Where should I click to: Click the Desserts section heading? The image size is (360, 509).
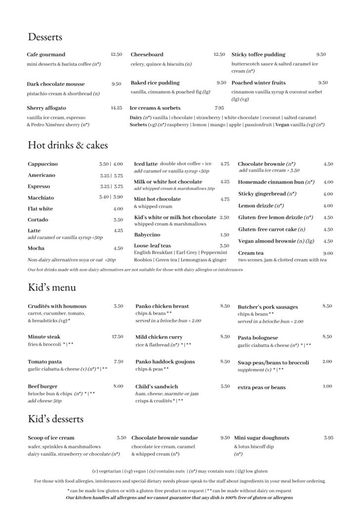45,37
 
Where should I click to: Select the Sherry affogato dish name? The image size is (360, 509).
46,108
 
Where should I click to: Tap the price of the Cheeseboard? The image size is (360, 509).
219,54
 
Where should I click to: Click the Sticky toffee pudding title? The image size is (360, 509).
258,54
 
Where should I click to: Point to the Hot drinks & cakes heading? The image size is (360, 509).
68,145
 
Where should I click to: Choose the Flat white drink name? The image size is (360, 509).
40,209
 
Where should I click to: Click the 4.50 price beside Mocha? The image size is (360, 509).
118,249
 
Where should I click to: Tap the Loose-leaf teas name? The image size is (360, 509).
152,246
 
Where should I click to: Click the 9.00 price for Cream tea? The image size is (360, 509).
328,253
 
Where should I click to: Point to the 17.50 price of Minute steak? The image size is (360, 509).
117,337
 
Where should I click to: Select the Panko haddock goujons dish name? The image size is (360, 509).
165,362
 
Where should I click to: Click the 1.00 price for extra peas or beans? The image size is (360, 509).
327,386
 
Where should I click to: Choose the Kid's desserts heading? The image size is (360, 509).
56,419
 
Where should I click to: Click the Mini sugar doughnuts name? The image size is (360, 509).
262,438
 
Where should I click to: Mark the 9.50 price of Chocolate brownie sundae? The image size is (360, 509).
225,438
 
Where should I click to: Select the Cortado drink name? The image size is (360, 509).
38,219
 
